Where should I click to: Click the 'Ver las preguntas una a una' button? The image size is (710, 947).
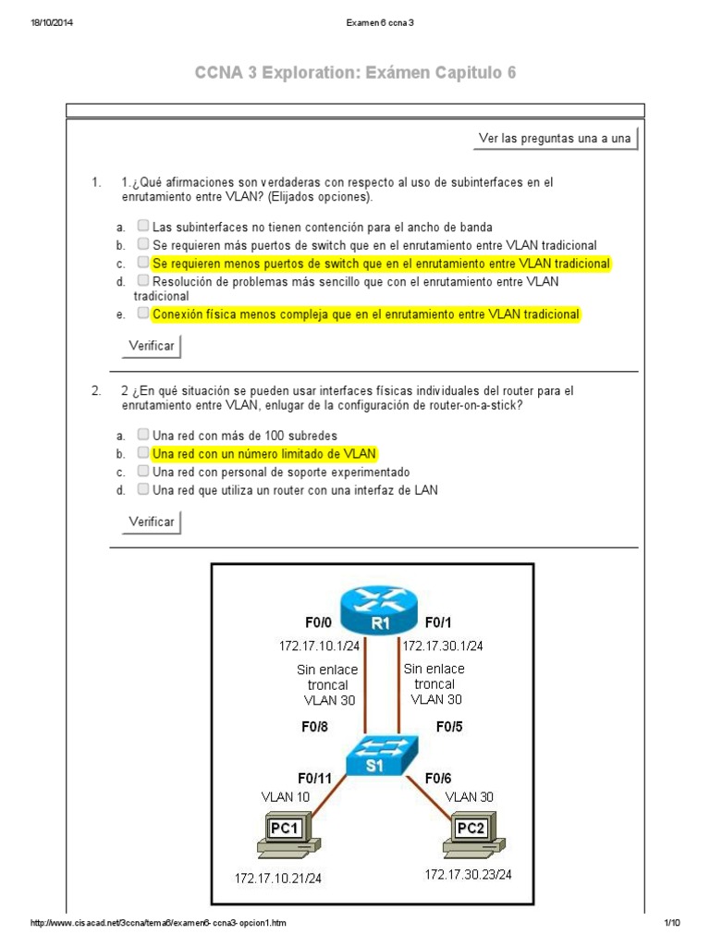(x=555, y=139)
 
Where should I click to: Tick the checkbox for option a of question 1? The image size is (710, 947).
(x=143, y=225)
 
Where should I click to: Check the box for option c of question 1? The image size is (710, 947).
(x=143, y=262)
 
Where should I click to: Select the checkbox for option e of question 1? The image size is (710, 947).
(x=143, y=314)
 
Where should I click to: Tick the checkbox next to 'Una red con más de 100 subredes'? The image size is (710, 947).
(x=143, y=434)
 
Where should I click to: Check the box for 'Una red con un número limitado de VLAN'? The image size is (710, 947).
(x=143, y=452)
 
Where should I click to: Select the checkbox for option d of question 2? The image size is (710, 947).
(x=143, y=489)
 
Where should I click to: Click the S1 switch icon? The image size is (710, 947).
(x=382, y=756)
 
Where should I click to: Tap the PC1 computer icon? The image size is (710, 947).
(x=283, y=830)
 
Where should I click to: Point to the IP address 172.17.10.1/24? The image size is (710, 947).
(x=319, y=646)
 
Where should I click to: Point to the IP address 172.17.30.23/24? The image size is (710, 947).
(x=468, y=873)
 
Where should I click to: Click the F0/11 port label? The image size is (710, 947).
(x=314, y=778)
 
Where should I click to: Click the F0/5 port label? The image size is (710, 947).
(x=450, y=726)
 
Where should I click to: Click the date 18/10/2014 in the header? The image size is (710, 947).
(x=52, y=23)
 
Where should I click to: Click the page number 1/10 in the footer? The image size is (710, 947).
(x=671, y=923)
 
